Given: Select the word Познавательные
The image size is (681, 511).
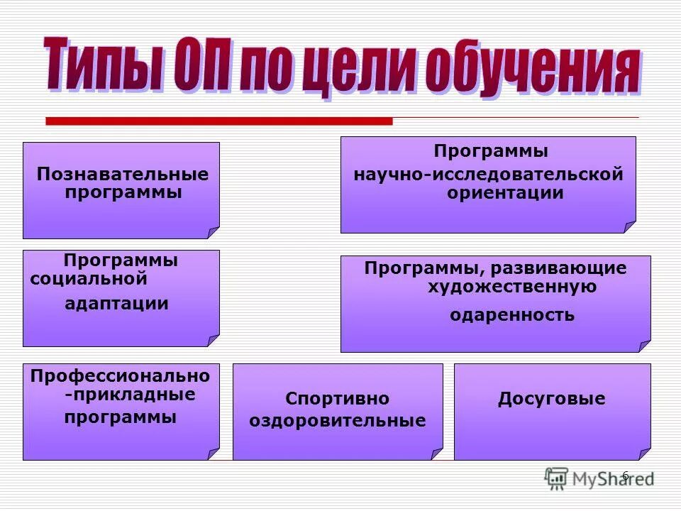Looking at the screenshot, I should click(123, 175).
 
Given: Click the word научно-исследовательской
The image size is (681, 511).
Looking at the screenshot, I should click(488, 175).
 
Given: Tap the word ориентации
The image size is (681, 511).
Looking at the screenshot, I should click(505, 193).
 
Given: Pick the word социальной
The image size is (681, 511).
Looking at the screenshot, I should click(89, 279).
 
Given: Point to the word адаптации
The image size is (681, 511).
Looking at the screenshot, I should click(117, 304).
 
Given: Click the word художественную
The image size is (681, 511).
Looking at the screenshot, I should click(511, 287).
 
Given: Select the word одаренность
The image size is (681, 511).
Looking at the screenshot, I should click(512, 315).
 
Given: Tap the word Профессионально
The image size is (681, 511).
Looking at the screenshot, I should click(121, 375).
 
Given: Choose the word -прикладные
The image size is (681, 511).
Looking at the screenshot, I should click(130, 394).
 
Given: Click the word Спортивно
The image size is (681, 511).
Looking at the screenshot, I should click(337, 399).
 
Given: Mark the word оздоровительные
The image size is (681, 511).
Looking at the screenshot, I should click(337, 421).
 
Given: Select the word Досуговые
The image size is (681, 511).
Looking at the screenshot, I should click(551, 399).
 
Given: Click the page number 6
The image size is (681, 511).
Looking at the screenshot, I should click(625, 475).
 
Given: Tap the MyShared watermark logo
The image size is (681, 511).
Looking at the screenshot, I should click(599, 478).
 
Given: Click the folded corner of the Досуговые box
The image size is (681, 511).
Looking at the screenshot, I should click(644, 454).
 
